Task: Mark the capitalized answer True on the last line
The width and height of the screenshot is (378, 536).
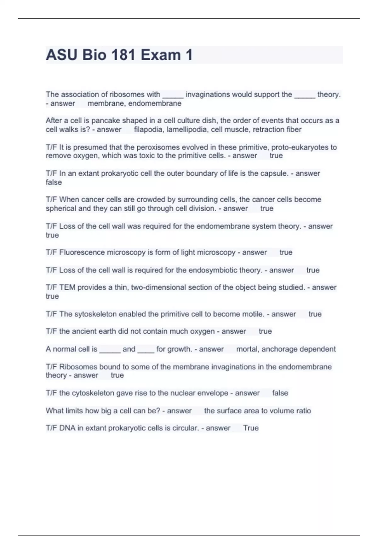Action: click(x=251, y=428)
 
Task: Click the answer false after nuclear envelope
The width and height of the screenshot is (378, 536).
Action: click(x=280, y=393)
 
